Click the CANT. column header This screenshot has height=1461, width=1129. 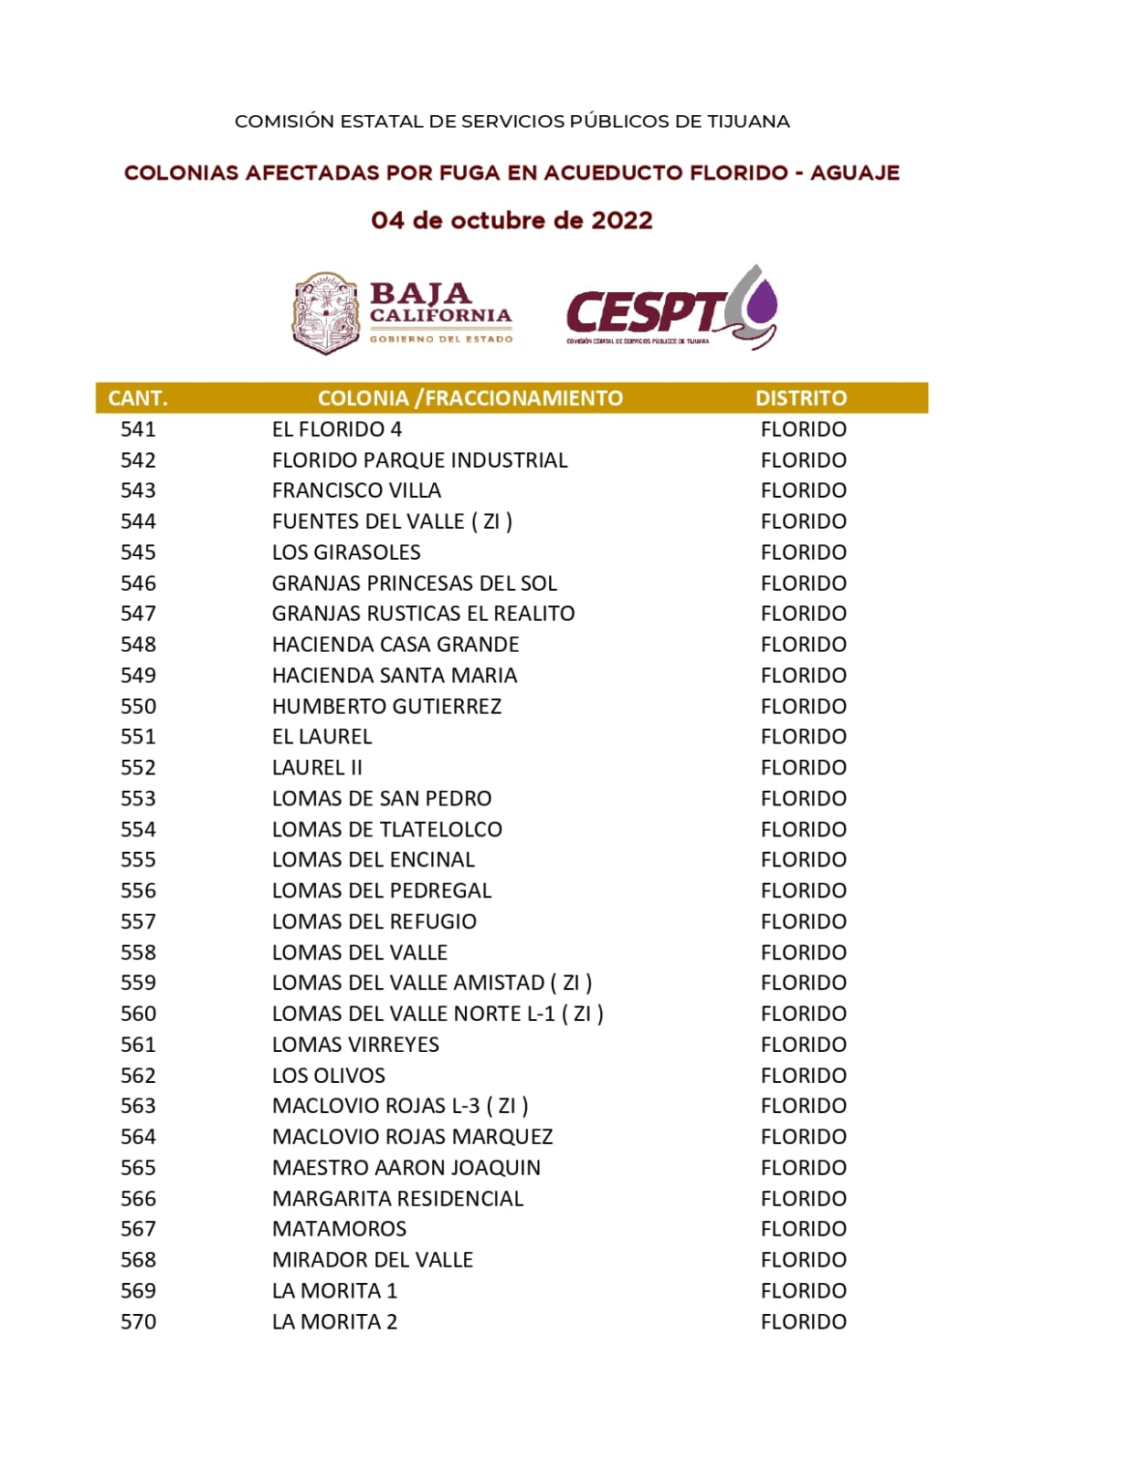[x=137, y=398]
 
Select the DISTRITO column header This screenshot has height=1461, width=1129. [x=800, y=398]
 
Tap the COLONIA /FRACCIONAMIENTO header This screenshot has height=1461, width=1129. [x=470, y=398]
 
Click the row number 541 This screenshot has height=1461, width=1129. [x=138, y=429]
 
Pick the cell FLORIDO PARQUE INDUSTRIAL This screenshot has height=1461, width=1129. [x=419, y=460]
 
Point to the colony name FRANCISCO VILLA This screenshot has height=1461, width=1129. [x=356, y=490]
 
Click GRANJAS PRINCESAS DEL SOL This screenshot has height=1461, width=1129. [x=414, y=583]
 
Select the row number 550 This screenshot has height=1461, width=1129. [x=138, y=706]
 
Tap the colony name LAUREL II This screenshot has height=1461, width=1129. [x=317, y=768]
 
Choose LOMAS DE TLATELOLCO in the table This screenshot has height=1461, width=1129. [x=386, y=829]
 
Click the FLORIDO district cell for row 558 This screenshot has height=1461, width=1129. [x=803, y=952]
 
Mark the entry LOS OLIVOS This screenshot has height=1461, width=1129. [x=328, y=1076]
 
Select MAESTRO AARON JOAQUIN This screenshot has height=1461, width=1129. [x=406, y=1168]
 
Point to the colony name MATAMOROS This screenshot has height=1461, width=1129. [x=339, y=1229]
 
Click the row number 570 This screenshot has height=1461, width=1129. [x=138, y=1321]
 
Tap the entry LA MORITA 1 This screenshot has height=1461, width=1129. [x=334, y=1291]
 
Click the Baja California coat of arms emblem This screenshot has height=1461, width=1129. [x=325, y=312]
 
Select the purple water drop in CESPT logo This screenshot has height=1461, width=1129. [x=762, y=302]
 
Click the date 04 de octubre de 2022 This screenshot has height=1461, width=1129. [x=512, y=221]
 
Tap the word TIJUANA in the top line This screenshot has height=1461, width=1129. [x=748, y=121]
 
